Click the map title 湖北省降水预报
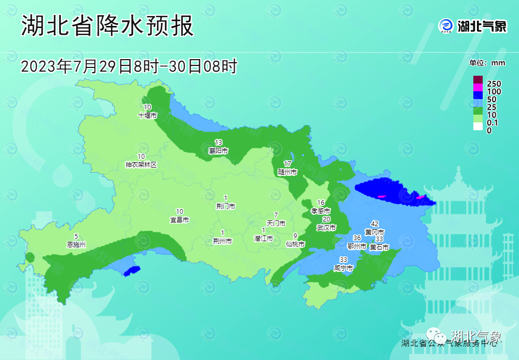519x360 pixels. (107, 25)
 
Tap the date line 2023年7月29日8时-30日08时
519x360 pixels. (129, 66)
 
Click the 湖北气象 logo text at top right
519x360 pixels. (482, 26)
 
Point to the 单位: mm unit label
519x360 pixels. (487, 63)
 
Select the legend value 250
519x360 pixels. (494, 84)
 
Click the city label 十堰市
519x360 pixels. (147, 116)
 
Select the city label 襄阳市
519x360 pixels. (218, 151)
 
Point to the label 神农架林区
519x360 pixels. (141, 165)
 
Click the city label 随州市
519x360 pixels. (287, 172)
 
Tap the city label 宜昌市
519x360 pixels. (180, 220)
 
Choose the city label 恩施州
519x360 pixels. (76, 244)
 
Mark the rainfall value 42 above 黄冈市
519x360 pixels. (374, 224)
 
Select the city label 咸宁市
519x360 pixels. (344, 268)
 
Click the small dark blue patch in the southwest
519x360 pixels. (132, 270)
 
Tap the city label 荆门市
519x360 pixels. (225, 206)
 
